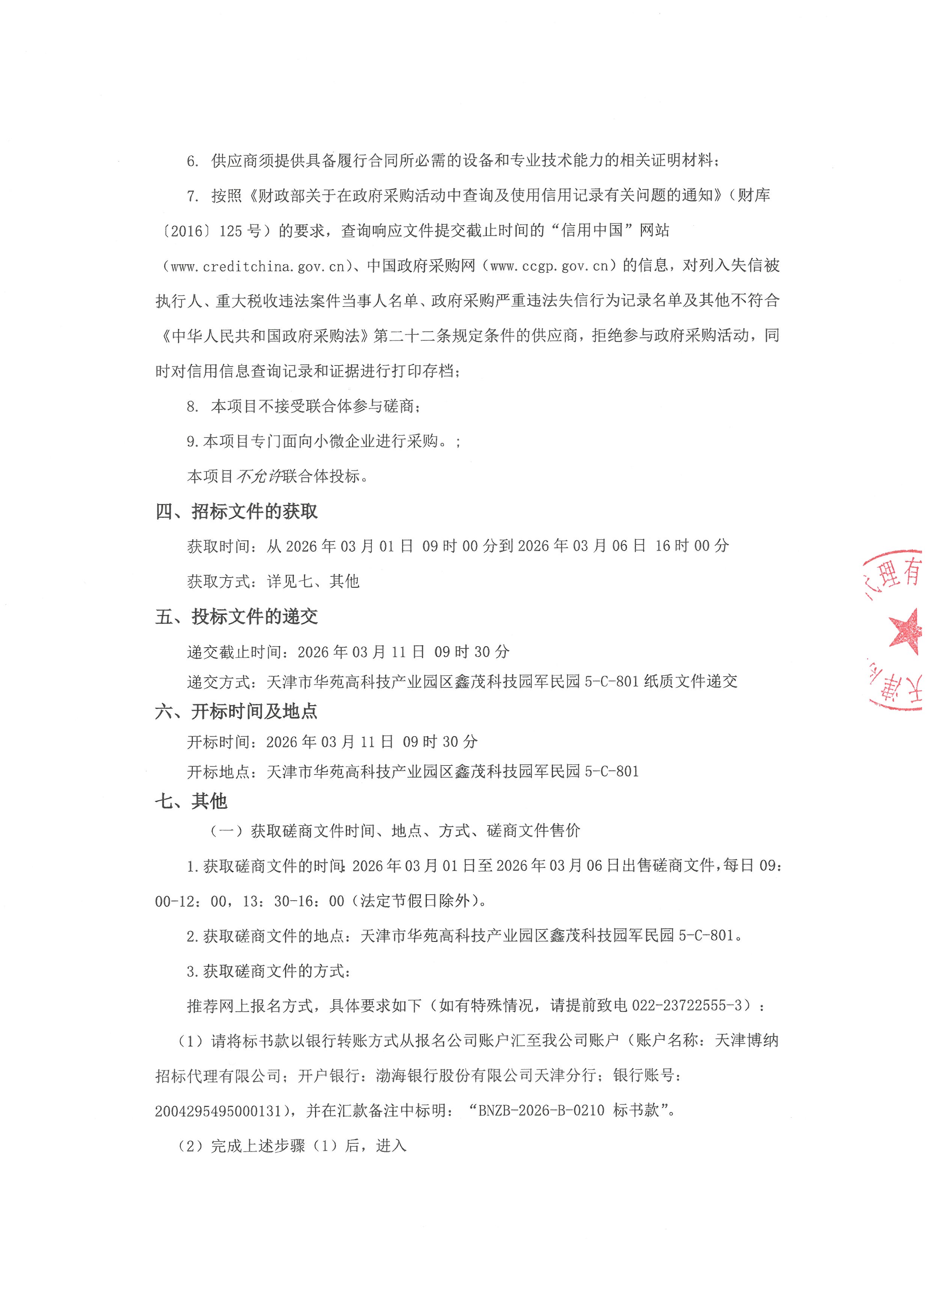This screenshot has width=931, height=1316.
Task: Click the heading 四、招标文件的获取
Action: pyautogui.click(x=236, y=511)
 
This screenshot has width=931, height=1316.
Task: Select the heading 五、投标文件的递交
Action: pyautogui.click(x=236, y=617)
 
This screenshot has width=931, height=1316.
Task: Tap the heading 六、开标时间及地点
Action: pyautogui.click(x=236, y=711)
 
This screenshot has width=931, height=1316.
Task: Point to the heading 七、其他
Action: pyautogui.click(x=191, y=801)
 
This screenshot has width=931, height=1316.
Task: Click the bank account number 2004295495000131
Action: pyautogui.click(x=218, y=1111)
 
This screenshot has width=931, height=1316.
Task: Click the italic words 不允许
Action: pyautogui.click(x=259, y=476)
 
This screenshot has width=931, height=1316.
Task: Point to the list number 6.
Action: pyautogui.click(x=192, y=161)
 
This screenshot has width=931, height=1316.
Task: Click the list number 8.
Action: pyautogui.click(x=192, y=407)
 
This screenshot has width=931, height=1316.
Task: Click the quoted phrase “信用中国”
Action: pyautogui.click(x=592, y=231)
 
